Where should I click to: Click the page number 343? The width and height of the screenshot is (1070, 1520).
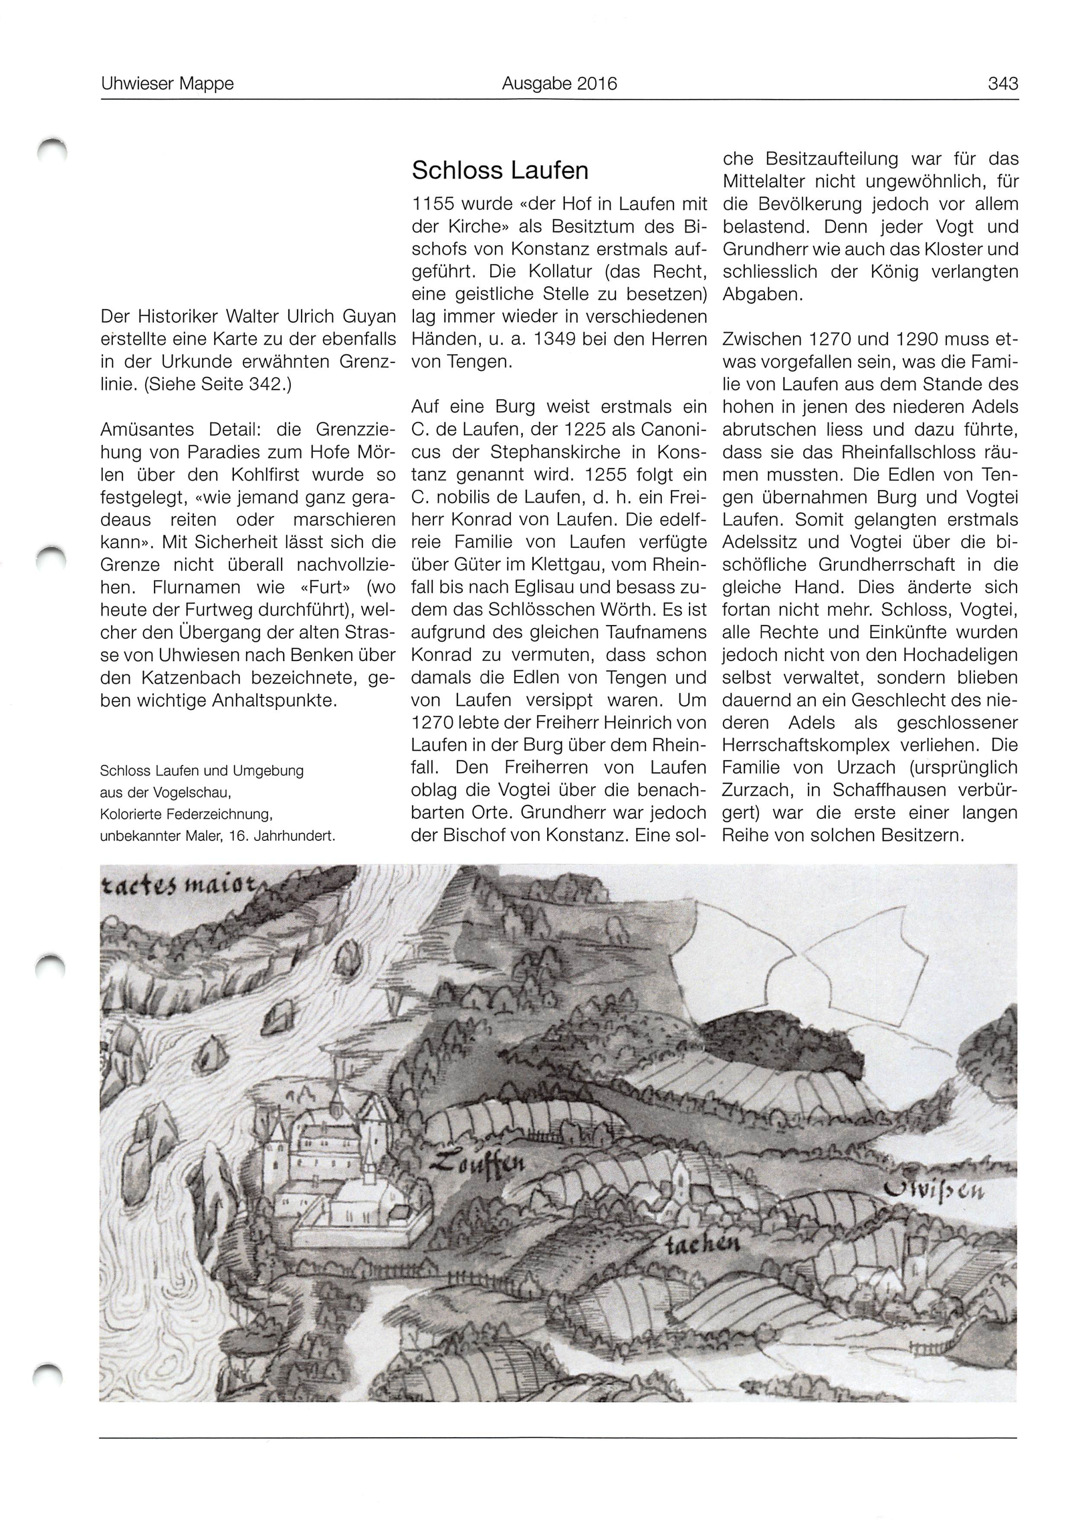[x=1002, y=84]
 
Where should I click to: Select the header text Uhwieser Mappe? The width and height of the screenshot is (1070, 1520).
[x=167, y=84]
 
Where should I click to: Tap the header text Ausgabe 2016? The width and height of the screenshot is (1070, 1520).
[x=559, y=84]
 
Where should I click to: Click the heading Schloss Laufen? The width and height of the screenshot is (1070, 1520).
[x=500, y=170]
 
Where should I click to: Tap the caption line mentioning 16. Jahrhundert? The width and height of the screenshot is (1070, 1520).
[x=217, y=836]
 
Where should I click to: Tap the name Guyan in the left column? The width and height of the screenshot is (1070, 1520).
[x=372, y=317]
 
